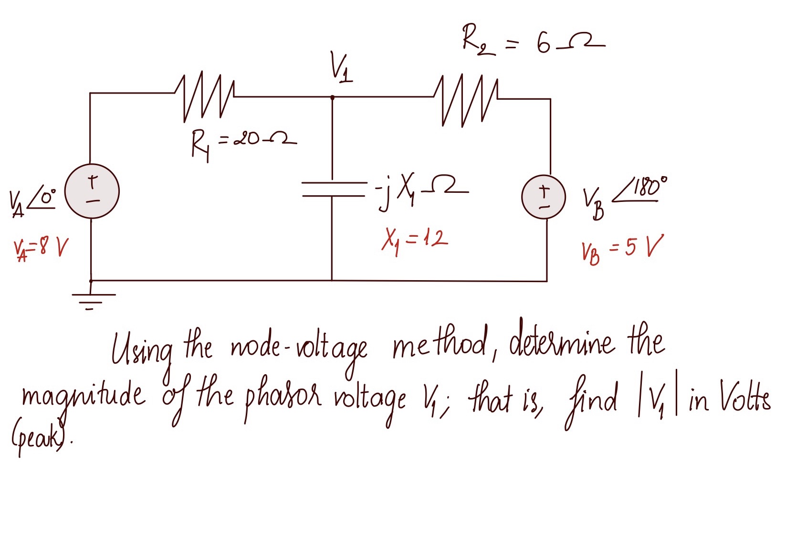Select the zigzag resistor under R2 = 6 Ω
(x=466, y=100)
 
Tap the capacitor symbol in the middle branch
(x=333, y=189)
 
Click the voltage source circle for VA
(x=92, y=191)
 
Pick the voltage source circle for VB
(x=544, y=197)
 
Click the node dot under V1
(x=333, y=97)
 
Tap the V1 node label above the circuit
(x=341, y=69)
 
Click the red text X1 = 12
(x=414, y=240)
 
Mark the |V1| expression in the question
(x=658, y=399)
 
